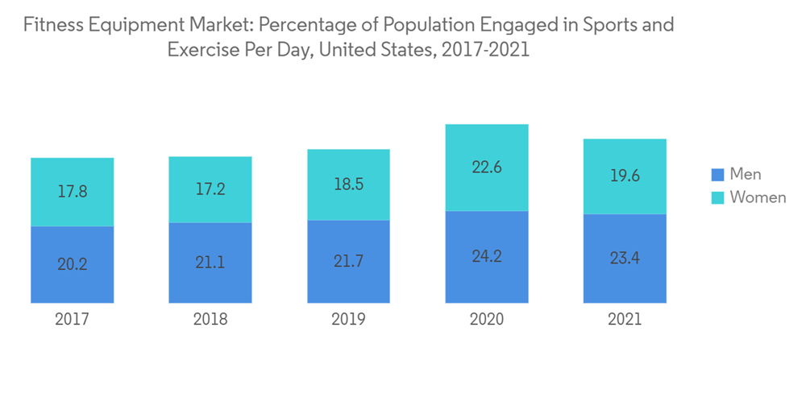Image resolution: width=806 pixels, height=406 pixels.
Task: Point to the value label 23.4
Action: coord(625,259)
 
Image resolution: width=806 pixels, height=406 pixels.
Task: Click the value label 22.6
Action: coord(487,168)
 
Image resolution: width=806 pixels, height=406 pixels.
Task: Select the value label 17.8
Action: coord(72,193)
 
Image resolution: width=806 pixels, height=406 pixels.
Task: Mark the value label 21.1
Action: coord(210,263)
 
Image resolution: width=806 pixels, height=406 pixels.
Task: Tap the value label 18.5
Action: coord(348,184)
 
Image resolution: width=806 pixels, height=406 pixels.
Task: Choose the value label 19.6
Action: coord(625,176)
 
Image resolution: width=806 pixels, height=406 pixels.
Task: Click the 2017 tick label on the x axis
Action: coord(72,320)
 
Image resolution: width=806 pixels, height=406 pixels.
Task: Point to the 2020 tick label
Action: coord(487,320)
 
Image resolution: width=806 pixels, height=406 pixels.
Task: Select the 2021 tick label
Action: coord(625,320)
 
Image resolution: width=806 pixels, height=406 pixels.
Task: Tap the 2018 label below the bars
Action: coord(210,320)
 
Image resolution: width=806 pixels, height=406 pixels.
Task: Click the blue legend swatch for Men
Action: coord(717,174)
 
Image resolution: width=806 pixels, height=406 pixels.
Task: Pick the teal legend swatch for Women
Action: coord(717,197)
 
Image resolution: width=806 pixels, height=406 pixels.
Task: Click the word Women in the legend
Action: coord(758,197)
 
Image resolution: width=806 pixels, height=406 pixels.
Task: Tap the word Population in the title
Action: coord(414,25)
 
